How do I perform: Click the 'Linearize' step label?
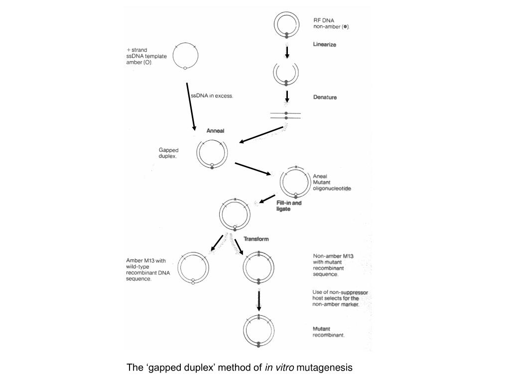(324, 45)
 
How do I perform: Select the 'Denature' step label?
(325, 97)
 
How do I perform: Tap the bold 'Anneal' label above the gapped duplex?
(216, 131)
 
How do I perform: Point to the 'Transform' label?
(256, 239)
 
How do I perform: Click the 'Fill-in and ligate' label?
(289, 206)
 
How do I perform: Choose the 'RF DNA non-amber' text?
(331, 23)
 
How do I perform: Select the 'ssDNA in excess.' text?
(212, 95)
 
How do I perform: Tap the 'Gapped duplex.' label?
(169, 152)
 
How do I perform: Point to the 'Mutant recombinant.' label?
(329, 332)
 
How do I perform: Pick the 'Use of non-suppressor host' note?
(340, 298)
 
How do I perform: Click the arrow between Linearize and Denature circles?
(287, 52)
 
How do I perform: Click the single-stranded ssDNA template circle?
(185, 55)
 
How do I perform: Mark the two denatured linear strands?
(286, 115)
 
